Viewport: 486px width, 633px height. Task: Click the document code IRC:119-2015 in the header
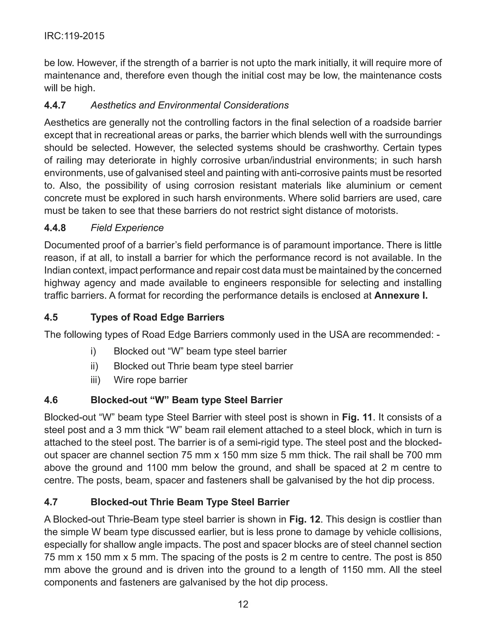tap(74, 36)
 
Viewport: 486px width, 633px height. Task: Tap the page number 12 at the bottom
tap(243, 604)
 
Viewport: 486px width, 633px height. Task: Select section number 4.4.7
tap(55, 105)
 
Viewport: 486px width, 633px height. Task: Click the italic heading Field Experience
tap(127, 228)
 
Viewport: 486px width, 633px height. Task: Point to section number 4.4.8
tap(55, 228)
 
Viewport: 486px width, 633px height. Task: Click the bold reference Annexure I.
tap(401, 296)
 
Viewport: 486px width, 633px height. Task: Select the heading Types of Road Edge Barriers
tap(157, 317)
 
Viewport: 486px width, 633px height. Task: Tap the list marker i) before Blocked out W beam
tap(93, 351)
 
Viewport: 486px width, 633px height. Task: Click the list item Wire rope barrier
tap(150, 380)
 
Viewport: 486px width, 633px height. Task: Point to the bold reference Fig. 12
tap(305, 519)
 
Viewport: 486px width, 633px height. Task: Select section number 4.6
tap(51, 400)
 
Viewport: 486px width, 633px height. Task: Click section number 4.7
tap(51, 502)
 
